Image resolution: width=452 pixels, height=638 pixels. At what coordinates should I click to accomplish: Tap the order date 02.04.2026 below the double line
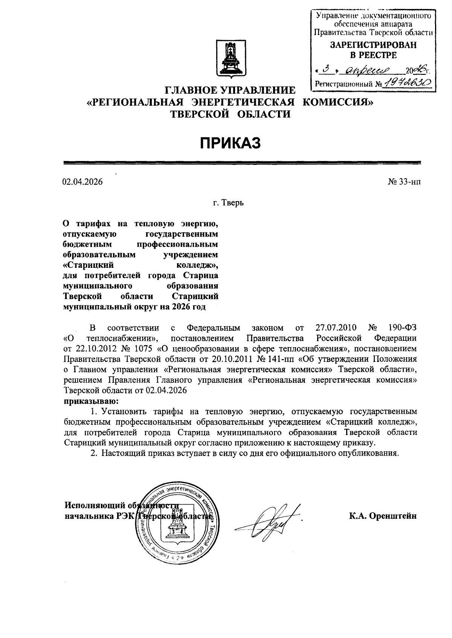(82, 182)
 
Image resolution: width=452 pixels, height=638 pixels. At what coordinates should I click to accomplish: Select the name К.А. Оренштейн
(383, 516)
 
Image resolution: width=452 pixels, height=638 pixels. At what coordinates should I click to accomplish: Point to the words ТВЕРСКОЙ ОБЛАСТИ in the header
(231, 114)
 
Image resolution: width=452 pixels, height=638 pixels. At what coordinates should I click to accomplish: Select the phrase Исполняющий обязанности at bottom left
(121, 505)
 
